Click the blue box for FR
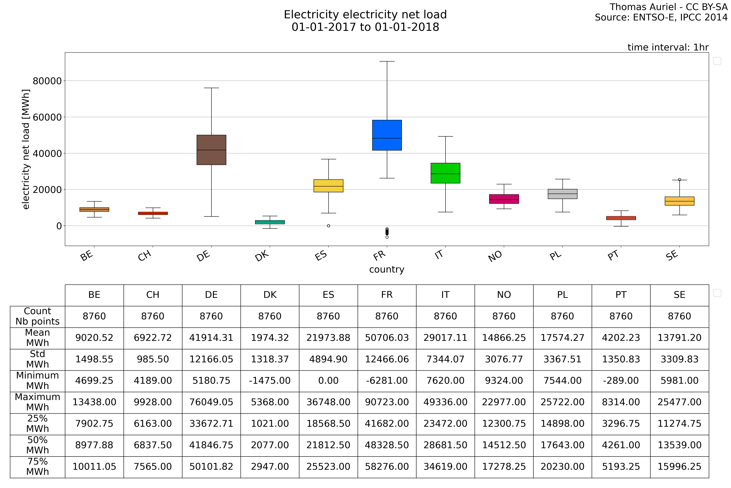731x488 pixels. (387, 135)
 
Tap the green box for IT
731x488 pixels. (445, 173)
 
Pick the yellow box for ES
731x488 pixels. (328, 186)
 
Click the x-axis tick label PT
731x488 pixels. (613, 256)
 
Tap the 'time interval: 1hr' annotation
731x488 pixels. (668, 47)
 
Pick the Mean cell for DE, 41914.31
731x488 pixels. (211, 338)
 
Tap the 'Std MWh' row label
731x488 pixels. (38, 359)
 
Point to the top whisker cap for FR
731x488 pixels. (387, 62)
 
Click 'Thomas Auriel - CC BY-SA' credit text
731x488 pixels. (668, 7)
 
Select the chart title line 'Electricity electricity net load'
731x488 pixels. (365, 15)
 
